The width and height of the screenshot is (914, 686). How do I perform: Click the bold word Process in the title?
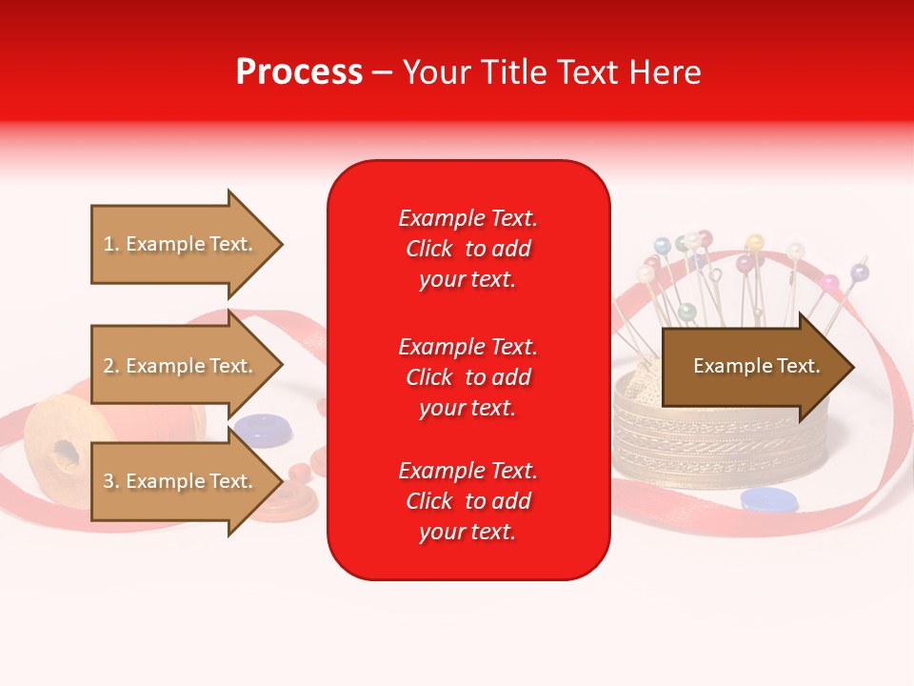299,71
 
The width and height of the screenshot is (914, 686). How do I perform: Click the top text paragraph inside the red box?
467,249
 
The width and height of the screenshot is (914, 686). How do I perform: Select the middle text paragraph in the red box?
467,377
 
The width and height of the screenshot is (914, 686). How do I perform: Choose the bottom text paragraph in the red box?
467,501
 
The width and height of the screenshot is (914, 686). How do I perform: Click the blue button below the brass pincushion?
767,499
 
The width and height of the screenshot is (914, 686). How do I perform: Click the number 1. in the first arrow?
111,244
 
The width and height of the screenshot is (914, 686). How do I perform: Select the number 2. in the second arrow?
111,366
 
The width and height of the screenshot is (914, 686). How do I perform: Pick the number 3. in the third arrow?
111,481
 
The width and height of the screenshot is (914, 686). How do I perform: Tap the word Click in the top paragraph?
429,249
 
